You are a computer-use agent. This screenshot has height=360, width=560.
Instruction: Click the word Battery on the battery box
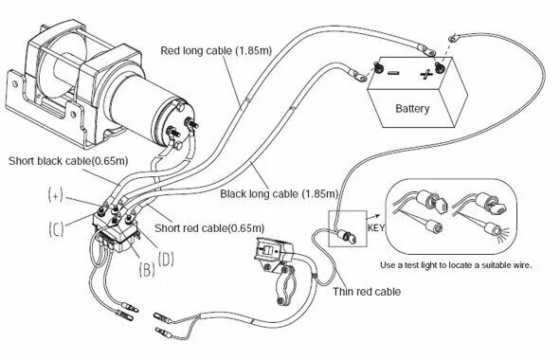412,109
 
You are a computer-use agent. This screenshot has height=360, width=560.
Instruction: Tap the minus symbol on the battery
393,73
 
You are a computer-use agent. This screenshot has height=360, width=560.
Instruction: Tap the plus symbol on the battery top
426,74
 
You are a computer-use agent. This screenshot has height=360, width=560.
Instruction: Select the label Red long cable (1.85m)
216,50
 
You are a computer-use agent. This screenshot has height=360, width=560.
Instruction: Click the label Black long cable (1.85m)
279,194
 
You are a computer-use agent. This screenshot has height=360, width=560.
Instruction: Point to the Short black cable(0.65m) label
68,161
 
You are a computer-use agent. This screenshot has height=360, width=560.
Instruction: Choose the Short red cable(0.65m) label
209,228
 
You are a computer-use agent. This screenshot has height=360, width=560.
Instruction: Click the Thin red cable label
367,292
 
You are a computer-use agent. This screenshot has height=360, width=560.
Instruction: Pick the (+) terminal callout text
56,195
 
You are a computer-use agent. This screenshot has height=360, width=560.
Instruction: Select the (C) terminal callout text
57,228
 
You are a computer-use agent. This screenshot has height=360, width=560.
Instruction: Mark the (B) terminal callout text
147,269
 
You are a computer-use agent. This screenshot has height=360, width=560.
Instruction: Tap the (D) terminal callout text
166,260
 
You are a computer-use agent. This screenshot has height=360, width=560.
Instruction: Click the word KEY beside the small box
376,227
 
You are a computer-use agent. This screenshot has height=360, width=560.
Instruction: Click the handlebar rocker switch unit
274,251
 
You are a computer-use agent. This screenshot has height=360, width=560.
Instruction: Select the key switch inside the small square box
347,236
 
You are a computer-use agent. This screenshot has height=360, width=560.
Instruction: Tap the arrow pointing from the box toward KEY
373,216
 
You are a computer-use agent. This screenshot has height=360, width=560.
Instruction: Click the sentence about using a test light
456,265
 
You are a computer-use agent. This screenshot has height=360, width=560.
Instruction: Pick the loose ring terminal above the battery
453,37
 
